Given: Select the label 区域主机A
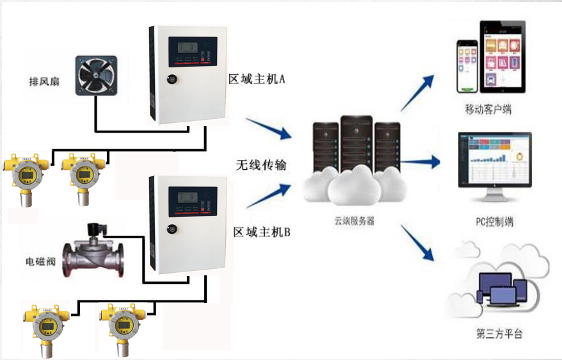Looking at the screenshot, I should (256, 79).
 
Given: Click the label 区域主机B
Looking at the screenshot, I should (261, 231).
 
